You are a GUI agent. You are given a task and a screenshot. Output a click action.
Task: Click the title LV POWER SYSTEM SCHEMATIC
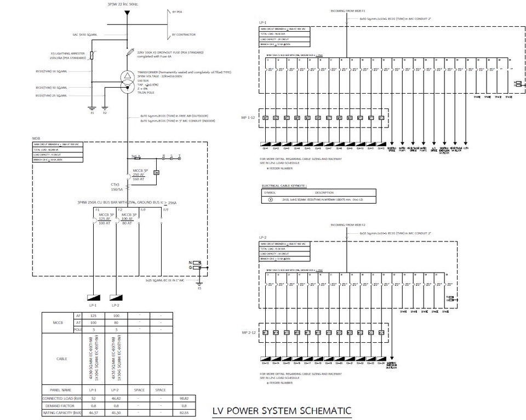pyautogui.click(x=282, y=411)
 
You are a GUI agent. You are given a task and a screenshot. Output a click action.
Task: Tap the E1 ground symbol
pyautogui.click(x=92, y=109)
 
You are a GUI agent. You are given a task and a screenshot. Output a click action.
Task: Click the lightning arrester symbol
pyautogui.click(x=91, y=54)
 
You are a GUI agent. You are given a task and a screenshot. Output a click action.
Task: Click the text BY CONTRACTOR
pyautogui.click(x=184, y=34)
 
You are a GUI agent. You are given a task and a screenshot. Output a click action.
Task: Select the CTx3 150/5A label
pyautogui.click(x=117, y=187)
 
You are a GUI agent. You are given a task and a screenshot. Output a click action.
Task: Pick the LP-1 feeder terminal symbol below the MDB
pyautogui.click(x=93, y=297)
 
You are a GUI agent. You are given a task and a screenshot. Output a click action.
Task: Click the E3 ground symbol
pyautogui.click(x=199, y=283)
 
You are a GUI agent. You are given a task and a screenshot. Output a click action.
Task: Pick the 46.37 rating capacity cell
pyautogui.click(x=93, y=413)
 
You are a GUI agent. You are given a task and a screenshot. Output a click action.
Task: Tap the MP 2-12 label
pyautogui.click(x=249, y=332)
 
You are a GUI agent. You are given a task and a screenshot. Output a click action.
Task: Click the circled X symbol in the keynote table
pyautogui.click(x=270, y=200)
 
